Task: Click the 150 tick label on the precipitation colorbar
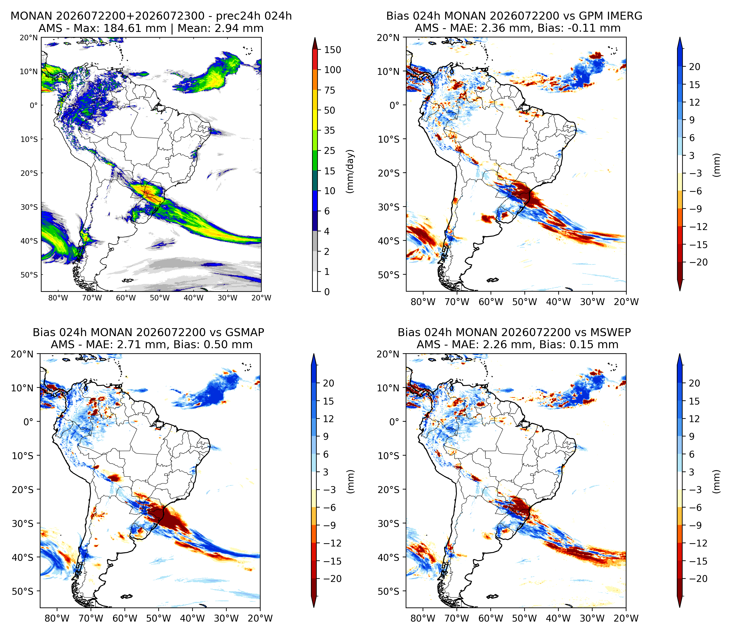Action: click(332, 50)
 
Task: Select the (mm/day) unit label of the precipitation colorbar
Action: click(350, 171)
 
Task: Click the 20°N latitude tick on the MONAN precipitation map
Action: click(29, 37)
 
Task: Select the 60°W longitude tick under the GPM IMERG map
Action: click(491, 302)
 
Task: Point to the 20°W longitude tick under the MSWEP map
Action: click(626, 618)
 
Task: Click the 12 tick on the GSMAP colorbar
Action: click(328, 419)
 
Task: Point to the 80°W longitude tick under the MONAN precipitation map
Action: click(58, 298)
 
